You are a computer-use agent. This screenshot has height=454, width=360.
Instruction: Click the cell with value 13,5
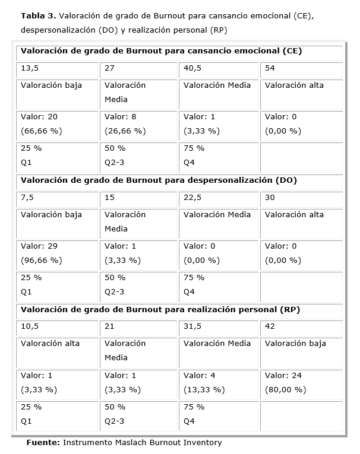[x=58, y=69]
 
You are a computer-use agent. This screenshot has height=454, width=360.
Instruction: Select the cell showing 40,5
[x=219, y=69]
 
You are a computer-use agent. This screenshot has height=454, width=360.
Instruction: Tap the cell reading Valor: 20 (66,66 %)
[x=58, y=124]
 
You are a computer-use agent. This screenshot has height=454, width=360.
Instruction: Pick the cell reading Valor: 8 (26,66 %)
[x=140, y=124]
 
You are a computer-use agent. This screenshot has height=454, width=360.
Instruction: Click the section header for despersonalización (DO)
[x=159, y=180]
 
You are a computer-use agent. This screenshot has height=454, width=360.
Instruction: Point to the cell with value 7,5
[x=58, y=198]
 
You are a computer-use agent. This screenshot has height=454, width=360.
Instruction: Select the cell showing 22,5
[x=219, y=198]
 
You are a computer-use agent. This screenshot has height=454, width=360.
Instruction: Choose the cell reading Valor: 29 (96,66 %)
[x=58, y=253]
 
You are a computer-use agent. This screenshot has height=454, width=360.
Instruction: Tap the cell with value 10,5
[x=58, y=327]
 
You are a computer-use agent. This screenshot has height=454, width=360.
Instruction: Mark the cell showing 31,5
[x=219, y=327]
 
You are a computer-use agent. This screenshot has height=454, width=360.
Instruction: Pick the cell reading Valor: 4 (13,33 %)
[x=219, y=382]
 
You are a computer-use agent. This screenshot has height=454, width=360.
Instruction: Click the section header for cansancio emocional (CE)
[x=161, y=51]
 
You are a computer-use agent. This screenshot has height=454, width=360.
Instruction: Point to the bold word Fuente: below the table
[x=43, y=443]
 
